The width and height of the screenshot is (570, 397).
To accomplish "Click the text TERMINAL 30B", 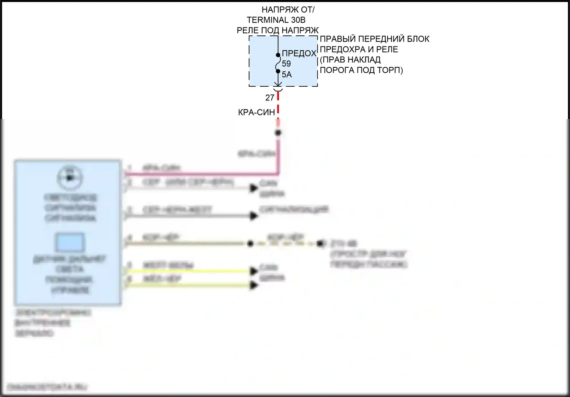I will [276, 20].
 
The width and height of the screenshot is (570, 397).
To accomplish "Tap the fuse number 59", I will [286, 64].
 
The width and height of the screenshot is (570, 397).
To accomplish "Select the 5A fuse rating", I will [287, 75].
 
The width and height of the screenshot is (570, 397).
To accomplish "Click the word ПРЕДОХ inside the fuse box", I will [299, 53].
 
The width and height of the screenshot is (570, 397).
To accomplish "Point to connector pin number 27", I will [270, 98].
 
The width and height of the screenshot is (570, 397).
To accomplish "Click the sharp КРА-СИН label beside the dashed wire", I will [256, 112].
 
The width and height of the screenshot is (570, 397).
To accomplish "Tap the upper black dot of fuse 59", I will [278, 55].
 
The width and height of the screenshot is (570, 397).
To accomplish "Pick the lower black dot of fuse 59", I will [278, 71].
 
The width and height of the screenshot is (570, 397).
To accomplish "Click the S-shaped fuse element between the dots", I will [278, 63].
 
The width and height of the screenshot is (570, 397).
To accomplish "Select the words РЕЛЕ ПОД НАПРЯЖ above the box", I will [277, 30].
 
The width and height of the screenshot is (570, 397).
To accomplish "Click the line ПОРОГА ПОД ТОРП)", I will [361, 70].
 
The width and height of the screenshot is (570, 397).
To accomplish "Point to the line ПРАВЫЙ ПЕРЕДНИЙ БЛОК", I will [374, 39].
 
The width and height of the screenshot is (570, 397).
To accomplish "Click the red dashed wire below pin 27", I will [278, 105].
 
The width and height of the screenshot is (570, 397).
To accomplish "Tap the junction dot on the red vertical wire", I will [278, 133].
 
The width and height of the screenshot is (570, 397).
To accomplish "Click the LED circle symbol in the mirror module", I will [70, 178].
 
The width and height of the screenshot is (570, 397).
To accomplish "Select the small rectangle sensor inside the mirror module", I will [70, 242].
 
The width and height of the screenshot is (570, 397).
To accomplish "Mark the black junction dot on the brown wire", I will [250, 243].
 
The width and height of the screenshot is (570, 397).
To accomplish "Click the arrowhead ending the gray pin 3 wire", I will [253, 216].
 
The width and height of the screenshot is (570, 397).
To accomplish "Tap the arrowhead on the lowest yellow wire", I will [253, 285].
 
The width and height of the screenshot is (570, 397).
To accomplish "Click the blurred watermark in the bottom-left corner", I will [47, 387].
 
